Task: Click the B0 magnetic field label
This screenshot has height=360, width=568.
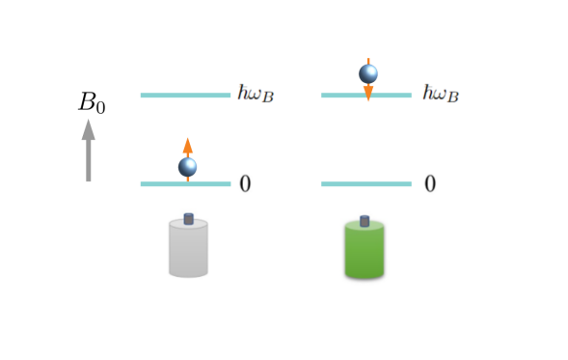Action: coord(90,102)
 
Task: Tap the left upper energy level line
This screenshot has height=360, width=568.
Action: coord(184,96)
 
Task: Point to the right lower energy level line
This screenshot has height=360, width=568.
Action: coord(365,183)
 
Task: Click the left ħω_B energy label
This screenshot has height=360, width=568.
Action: coord(256,93)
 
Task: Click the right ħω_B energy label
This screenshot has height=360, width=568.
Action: coord(440,93)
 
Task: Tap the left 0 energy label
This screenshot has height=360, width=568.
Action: coord(246,183)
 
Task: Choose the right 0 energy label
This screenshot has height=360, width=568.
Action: coord(430,183)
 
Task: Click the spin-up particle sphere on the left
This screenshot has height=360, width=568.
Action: coord(188,167)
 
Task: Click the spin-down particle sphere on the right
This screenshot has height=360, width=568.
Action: coord(368,73)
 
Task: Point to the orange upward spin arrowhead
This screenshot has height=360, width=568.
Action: coord(188,145)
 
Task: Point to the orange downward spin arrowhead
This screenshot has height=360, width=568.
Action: coord(368,94)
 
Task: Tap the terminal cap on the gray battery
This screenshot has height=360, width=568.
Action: coord(188,219)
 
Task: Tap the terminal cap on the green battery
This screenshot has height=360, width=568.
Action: coord(365,221)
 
